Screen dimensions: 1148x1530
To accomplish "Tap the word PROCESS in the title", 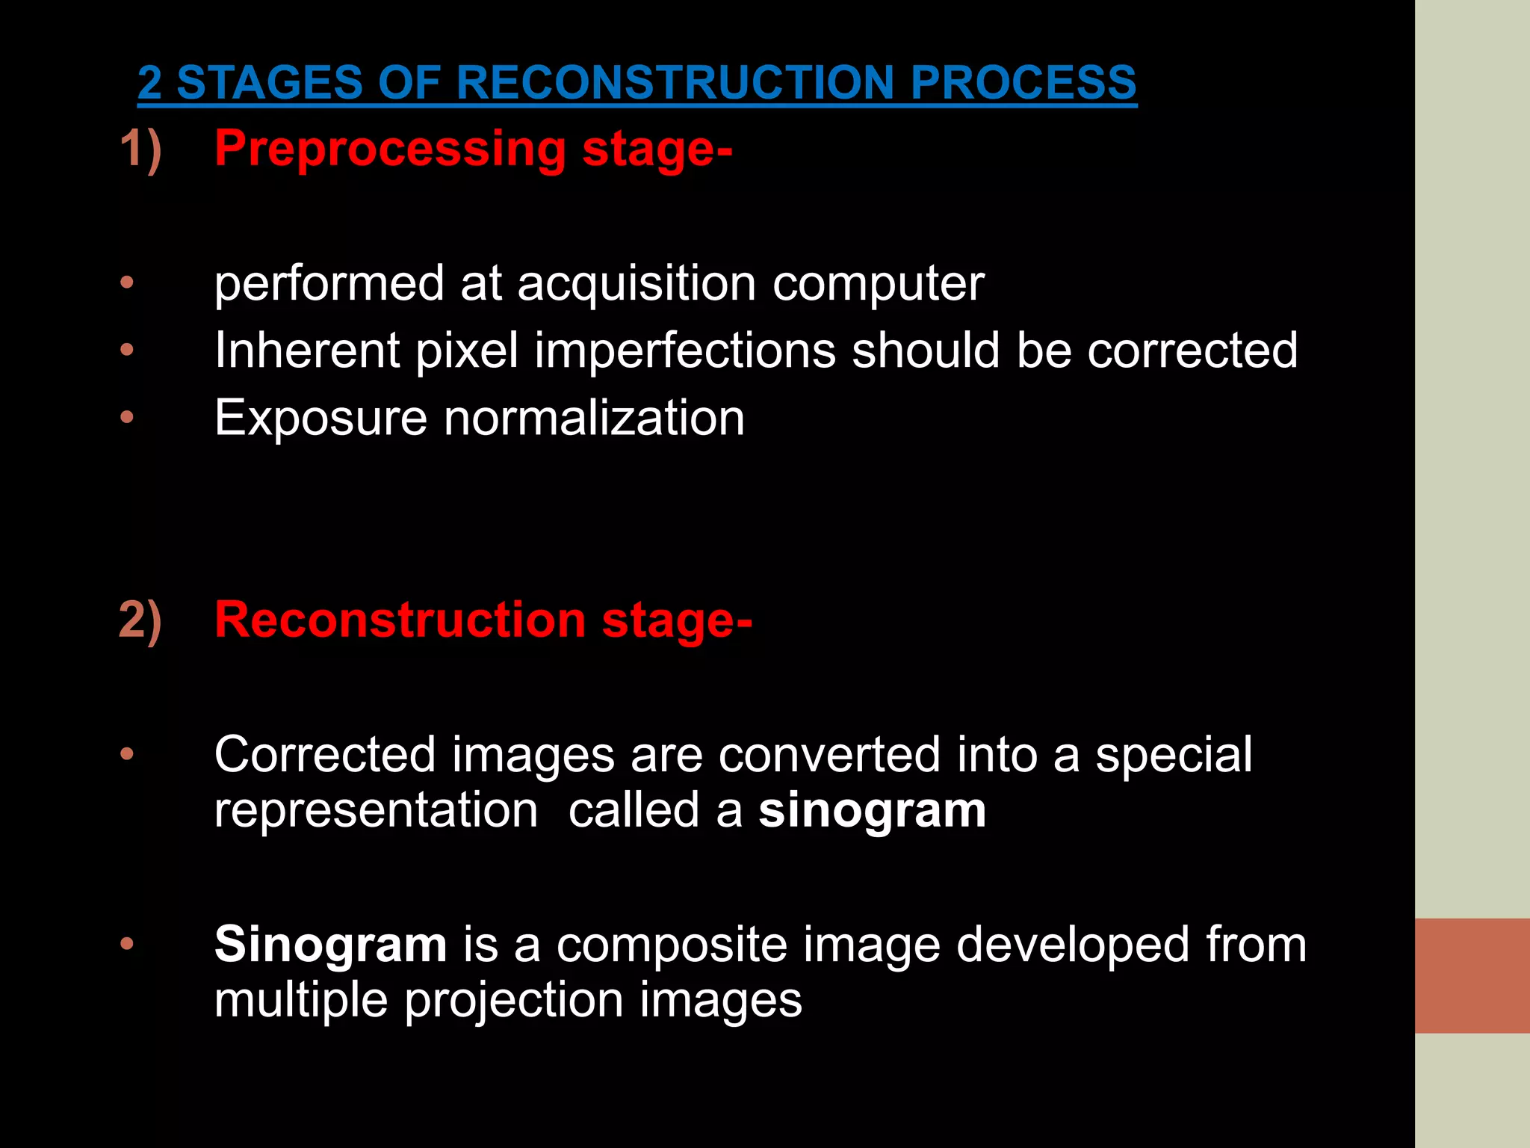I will (x=1023, y=82).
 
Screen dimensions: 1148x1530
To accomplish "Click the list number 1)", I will (x=140, y=149).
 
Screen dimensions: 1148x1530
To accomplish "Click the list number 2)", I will (x=140, y=620).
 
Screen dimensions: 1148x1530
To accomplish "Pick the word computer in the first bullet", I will (x=878, y=284).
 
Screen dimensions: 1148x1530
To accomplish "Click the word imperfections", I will (x=684, y=350).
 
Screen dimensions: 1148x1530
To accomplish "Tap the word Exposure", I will (x=320, y=419).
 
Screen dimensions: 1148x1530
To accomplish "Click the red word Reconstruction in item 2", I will (x=400, y=620).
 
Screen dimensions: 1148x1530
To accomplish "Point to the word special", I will (x=1174, y=755).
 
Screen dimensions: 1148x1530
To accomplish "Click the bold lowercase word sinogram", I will (x=872, y=811).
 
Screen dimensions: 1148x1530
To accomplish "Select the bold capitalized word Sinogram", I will (x=330, y=945).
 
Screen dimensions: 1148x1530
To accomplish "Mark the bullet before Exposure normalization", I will (x=127, y=417).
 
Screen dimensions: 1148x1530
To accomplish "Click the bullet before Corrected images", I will (x=127, y=753).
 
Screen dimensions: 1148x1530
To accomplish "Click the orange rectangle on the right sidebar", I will (x=1472, y=975).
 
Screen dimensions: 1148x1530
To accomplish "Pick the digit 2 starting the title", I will (x=149, y=82).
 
